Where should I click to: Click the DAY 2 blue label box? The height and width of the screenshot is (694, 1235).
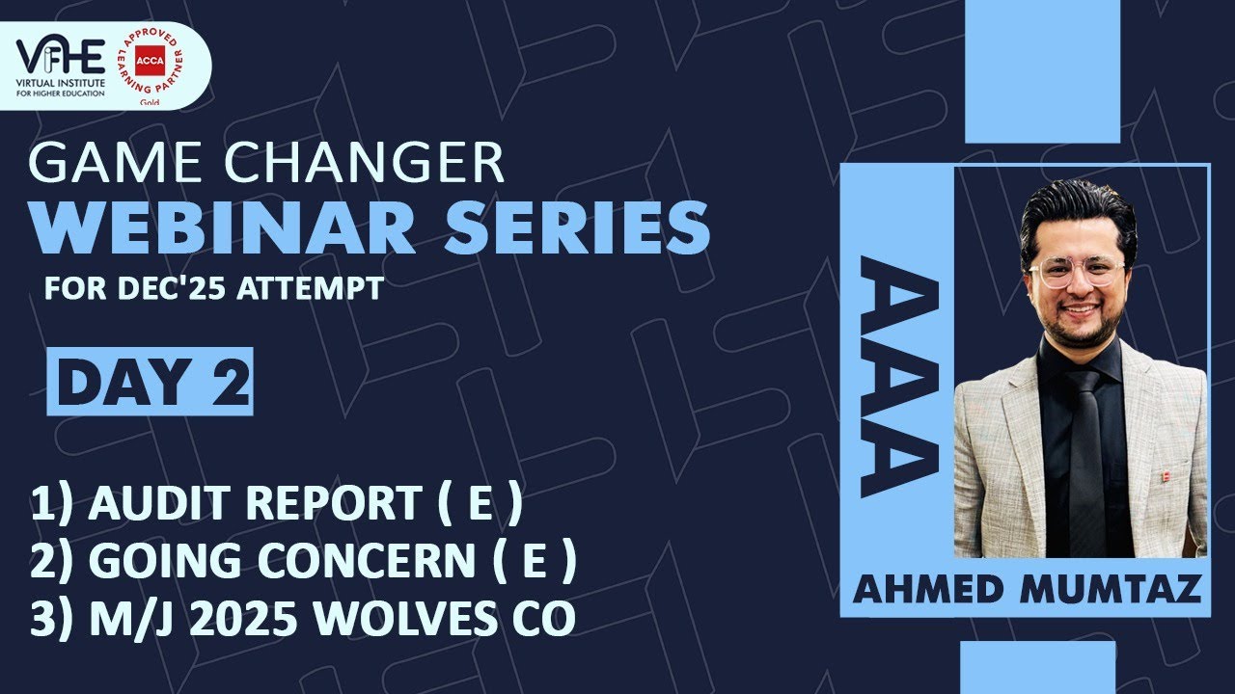coord(150,381)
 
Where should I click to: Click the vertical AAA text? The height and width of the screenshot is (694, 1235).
coord(897,376)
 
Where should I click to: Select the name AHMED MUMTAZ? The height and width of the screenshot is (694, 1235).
coord(1028,587)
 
